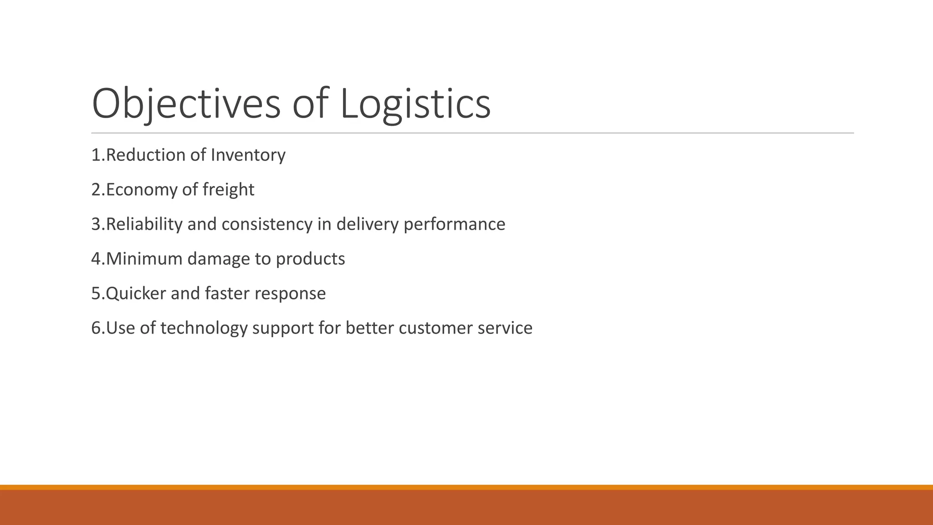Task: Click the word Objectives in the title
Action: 186,104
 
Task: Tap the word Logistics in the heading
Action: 415,104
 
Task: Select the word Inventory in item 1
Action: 248,155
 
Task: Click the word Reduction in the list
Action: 145,155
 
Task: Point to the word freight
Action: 228,190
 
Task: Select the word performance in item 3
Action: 454,224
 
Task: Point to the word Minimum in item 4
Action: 144,259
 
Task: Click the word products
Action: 310,259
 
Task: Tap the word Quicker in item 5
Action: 136,293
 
